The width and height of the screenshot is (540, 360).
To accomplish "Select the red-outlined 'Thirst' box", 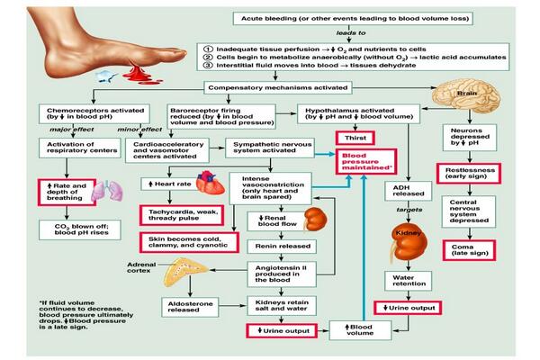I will click(x=352, y=137).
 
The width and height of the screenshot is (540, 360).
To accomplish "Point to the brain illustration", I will click(x=466, y=95).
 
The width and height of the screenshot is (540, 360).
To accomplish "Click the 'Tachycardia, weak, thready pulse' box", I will click(x=180, y=214).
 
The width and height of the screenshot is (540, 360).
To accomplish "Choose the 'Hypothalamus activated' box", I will click(x=352, y=113).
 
